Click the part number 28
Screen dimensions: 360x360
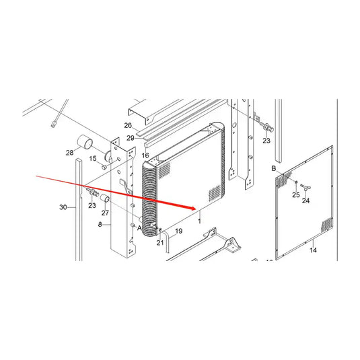(x=69, y=153)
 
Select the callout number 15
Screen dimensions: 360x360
(x=93, y=158)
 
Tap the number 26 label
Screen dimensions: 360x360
(x=128, y=126)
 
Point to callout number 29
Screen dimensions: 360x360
(x=131, y=138)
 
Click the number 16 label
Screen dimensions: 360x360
(x=145, y=155)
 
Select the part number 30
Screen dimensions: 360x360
(x=63, y=208)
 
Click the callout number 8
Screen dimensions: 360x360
(x=100, y=224)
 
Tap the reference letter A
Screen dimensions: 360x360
(x=140, y=229)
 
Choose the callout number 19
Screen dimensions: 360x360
(x=178, y=231)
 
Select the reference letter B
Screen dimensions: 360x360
(x=274, y=168)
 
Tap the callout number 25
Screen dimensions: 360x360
(x=295, y=194)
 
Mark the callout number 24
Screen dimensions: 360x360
(x=306, y=201)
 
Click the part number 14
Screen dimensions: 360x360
(x=312, y=250)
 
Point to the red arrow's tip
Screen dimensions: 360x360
(x=195, y=207)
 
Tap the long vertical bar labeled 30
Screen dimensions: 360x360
(x=79, y=209)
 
